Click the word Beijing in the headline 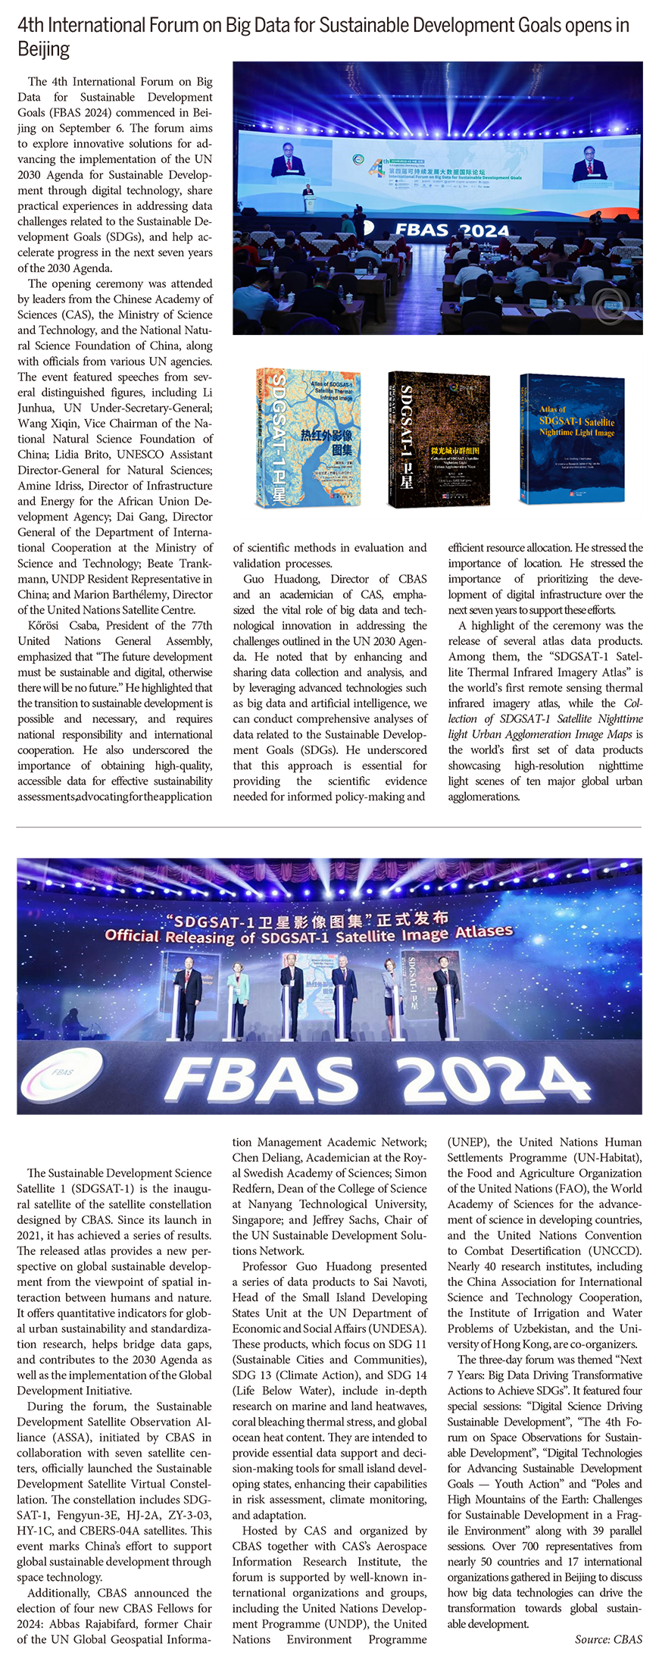point(44,50)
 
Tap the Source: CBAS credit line point(607,1639)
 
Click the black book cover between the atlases point(439,440)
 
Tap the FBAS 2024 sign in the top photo point(451,230)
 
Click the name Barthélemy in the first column point(161,594)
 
